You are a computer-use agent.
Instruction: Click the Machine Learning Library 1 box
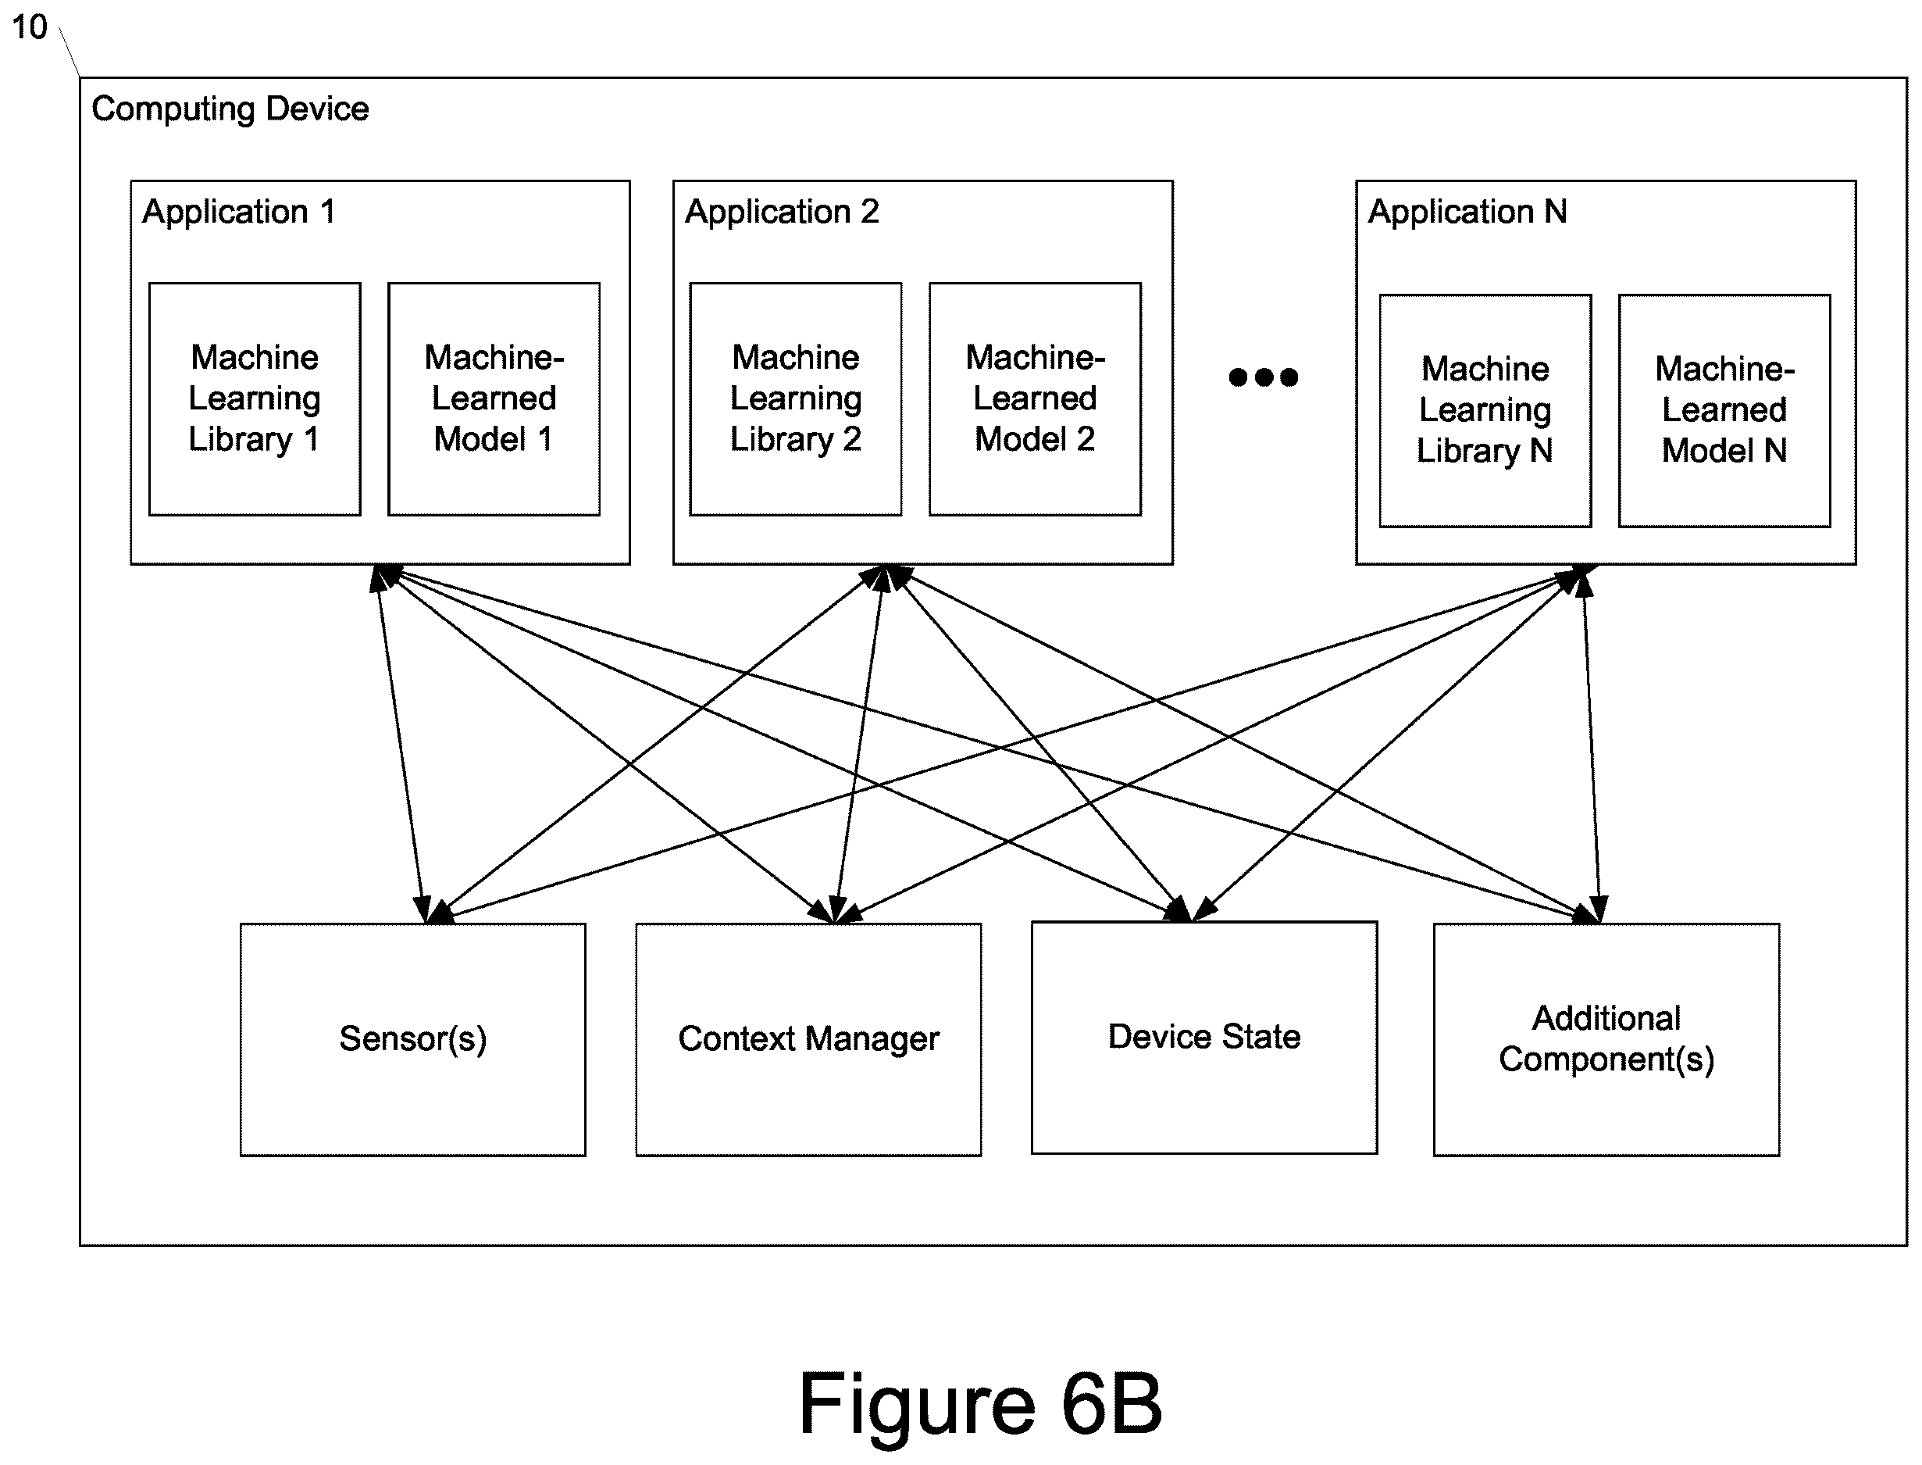[x=255, y=399]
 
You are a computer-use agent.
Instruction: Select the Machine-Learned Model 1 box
[x=494, y=399]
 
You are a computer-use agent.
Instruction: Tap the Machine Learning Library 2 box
[x=796, y=399]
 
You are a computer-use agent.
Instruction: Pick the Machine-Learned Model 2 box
[x=1036, y=399]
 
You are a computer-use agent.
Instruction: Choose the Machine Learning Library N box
[x=1485, y=411]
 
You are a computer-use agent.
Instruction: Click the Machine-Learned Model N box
[x=1725, y=411]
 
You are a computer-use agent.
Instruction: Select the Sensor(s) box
[x=413, y=1039]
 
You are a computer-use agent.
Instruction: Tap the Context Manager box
[x=809, y=1039]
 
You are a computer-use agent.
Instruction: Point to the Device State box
[x=1204, y=1038]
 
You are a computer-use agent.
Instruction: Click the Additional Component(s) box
[x=1606, y=1039]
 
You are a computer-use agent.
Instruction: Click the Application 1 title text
[x=239, y=212]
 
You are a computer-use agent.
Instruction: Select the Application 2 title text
[x=782, y=212]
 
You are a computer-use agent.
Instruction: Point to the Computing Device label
[x=230, y=109]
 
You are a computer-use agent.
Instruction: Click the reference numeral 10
[x=29, y=27]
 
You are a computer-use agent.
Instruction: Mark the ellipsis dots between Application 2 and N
[x=1263, y=377]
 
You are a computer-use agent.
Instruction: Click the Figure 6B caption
[x=981, y=1404]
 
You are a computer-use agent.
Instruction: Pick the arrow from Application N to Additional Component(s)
[x=1592, y=744]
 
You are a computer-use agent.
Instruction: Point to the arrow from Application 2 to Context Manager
[x=859, y=744]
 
